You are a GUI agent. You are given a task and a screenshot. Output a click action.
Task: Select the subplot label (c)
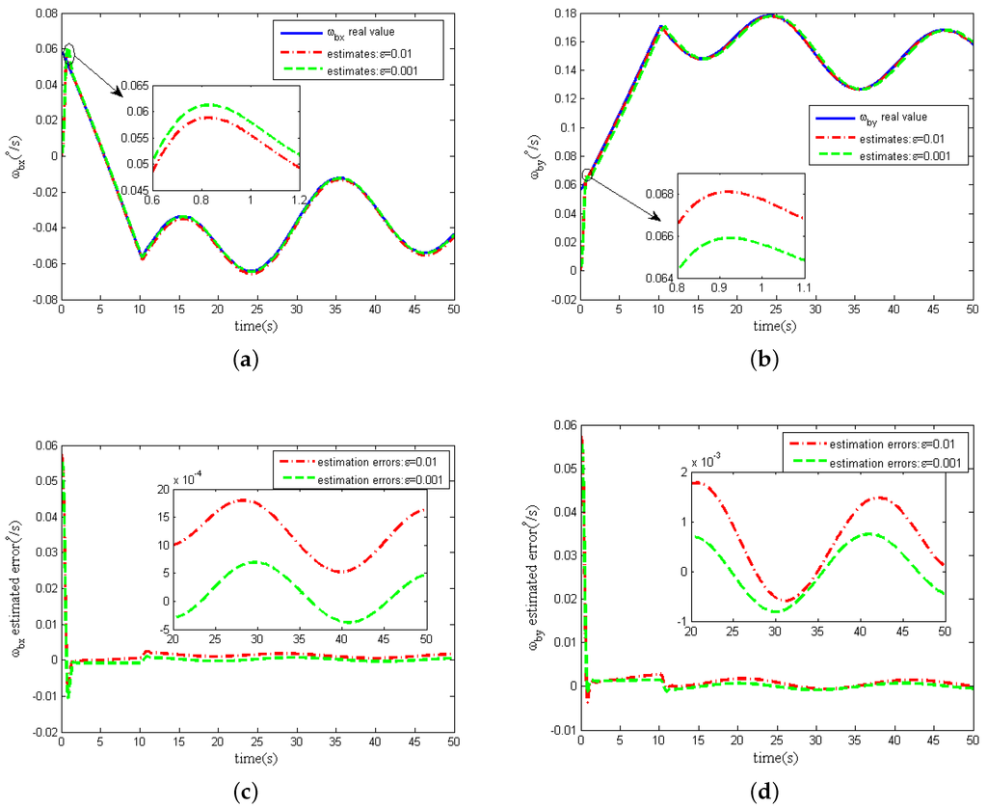[x=247, y=793]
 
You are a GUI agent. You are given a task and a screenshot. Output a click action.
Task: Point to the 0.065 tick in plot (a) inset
[x=134, y=86]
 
